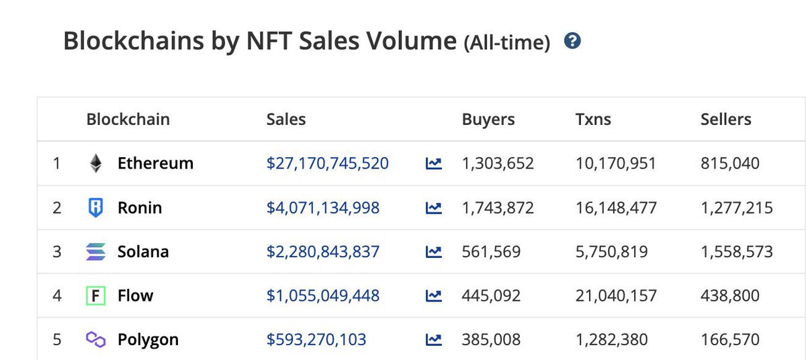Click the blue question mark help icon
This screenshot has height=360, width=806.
(572, 40)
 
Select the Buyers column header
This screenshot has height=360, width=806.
(488, 120)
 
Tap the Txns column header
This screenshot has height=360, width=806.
(593, 120)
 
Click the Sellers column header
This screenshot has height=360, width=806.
(726, 120)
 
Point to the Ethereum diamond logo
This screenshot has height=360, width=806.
(95, 163)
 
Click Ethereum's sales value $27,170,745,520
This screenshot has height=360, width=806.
(328, 163)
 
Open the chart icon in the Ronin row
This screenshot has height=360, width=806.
(434, 208)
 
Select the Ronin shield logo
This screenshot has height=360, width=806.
(95, 208)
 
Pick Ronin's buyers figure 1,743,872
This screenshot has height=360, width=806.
(498, 208)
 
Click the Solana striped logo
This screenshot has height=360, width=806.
(95, 251)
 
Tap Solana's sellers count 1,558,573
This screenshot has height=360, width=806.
(737, 252)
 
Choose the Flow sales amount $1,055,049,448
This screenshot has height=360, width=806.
(323, 296)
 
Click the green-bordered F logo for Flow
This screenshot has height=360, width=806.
(95, 296)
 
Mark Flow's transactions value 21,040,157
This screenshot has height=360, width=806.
(616, 296)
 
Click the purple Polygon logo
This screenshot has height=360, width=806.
(95, 339)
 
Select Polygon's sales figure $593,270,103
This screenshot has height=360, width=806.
(316, 339)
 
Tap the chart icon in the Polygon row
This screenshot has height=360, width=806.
(434, 340)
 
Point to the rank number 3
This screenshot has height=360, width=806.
(57, 252)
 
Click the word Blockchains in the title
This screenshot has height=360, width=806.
(134, 41)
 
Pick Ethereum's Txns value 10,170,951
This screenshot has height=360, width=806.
(616, 163)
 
